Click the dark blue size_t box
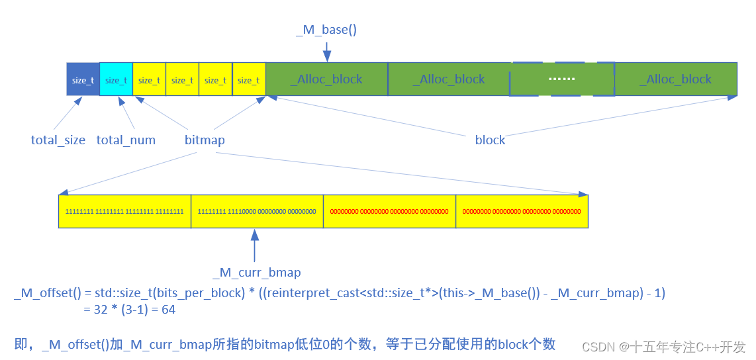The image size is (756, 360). [83, 79]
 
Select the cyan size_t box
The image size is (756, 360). [116, 79]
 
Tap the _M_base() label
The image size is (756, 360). [326, 30]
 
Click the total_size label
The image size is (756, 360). [58, 140]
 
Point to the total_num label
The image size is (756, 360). [126, 140]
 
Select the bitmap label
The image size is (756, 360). [205, 140]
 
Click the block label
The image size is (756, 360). [490, 140]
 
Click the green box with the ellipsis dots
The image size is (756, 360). [562, 79]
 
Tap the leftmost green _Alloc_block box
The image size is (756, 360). [326, 79]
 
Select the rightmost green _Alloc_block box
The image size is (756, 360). [675, 79]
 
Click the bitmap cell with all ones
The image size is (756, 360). [124, 211]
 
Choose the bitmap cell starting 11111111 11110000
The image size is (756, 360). [257, 211]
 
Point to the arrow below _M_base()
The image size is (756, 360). [327, 51]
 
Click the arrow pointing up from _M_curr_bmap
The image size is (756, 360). [255, 246]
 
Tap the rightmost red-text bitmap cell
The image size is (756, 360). [522, 211]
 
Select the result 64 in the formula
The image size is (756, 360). [168, 309]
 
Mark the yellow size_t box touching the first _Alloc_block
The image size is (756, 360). [249, 79]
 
